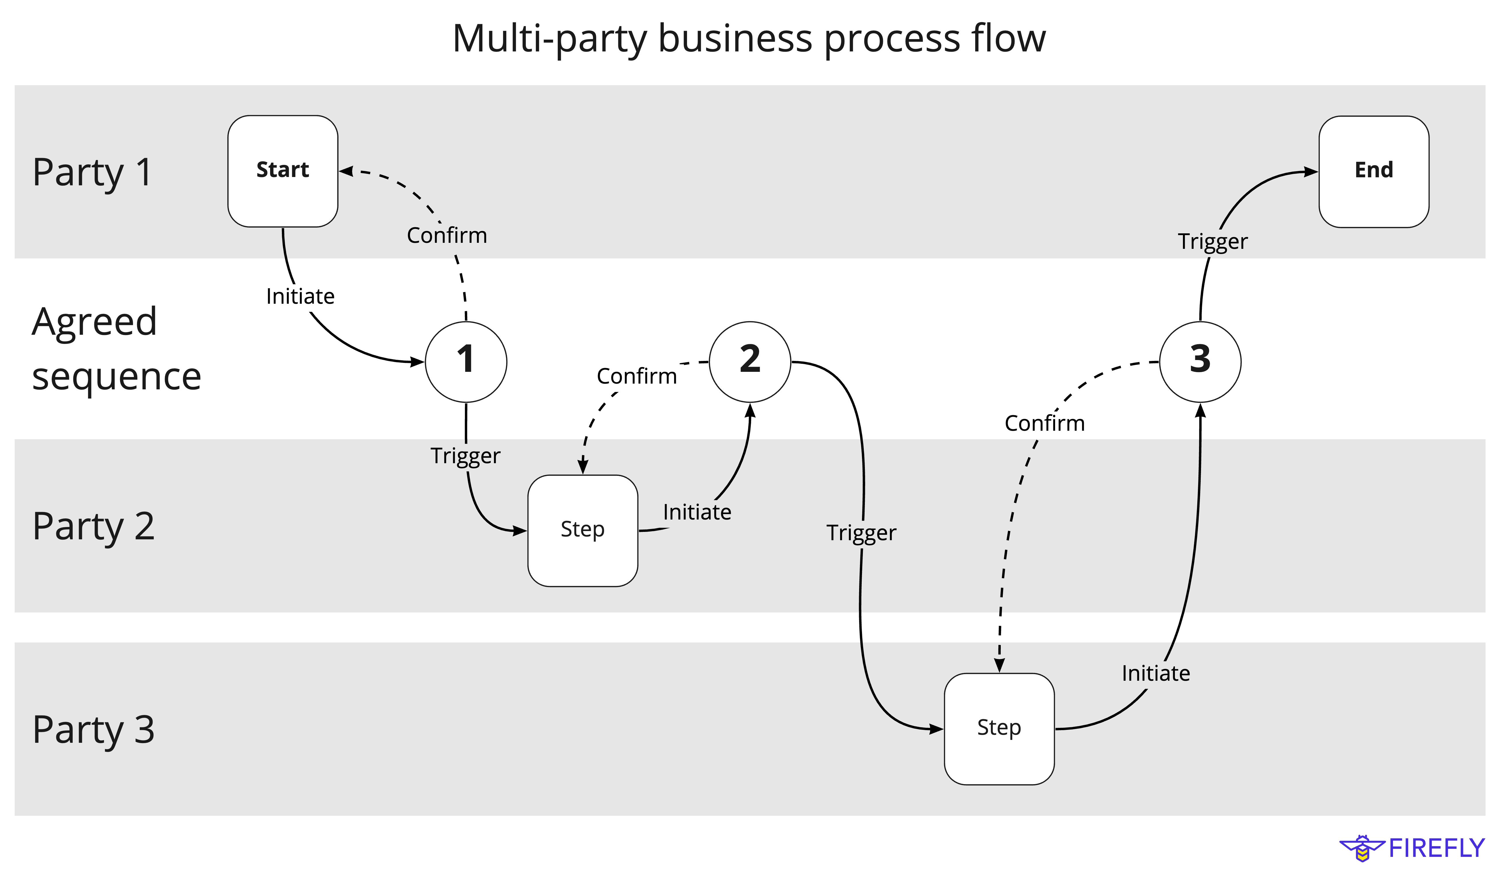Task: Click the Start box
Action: (x=282, y=171)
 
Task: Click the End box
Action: (x=1373, y=171)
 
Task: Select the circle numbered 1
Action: (x=466, y=362)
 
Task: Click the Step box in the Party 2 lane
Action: (x=582, y=531)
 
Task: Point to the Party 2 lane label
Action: (x=93, y=526)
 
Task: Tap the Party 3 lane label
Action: (x=93, y=730)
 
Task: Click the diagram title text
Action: (x=749, y=39)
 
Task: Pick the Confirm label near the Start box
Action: (x=447, y=236)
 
